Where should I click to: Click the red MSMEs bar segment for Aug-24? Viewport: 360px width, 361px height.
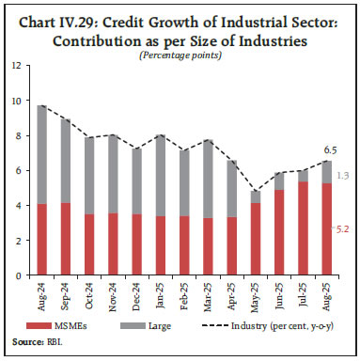[43, 241]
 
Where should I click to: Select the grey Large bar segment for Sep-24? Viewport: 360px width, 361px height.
[68, 161]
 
